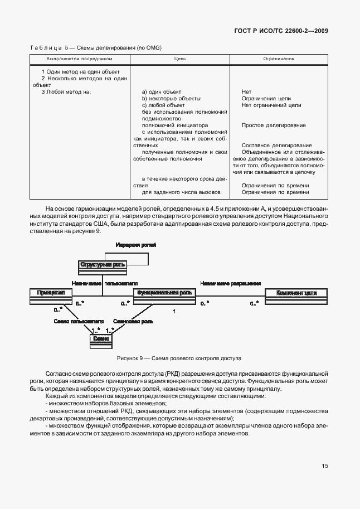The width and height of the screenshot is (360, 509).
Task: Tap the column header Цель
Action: coord(180,59)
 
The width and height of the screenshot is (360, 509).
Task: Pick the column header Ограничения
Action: coord(278,59)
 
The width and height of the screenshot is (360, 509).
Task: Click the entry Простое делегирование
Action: coord(274,125)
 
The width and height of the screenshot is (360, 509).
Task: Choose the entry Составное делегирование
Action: coord(276,145)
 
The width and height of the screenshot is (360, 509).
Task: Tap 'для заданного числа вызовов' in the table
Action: coord(181,192)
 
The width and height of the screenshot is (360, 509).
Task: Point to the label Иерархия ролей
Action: coord(135,245)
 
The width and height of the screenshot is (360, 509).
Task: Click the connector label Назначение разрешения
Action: coord(231,282)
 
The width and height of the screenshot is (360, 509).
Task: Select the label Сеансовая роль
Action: coord(130,322)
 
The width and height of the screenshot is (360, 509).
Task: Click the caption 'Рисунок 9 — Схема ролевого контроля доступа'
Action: coord(179,358)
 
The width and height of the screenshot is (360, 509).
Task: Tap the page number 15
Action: coord(324,467)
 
